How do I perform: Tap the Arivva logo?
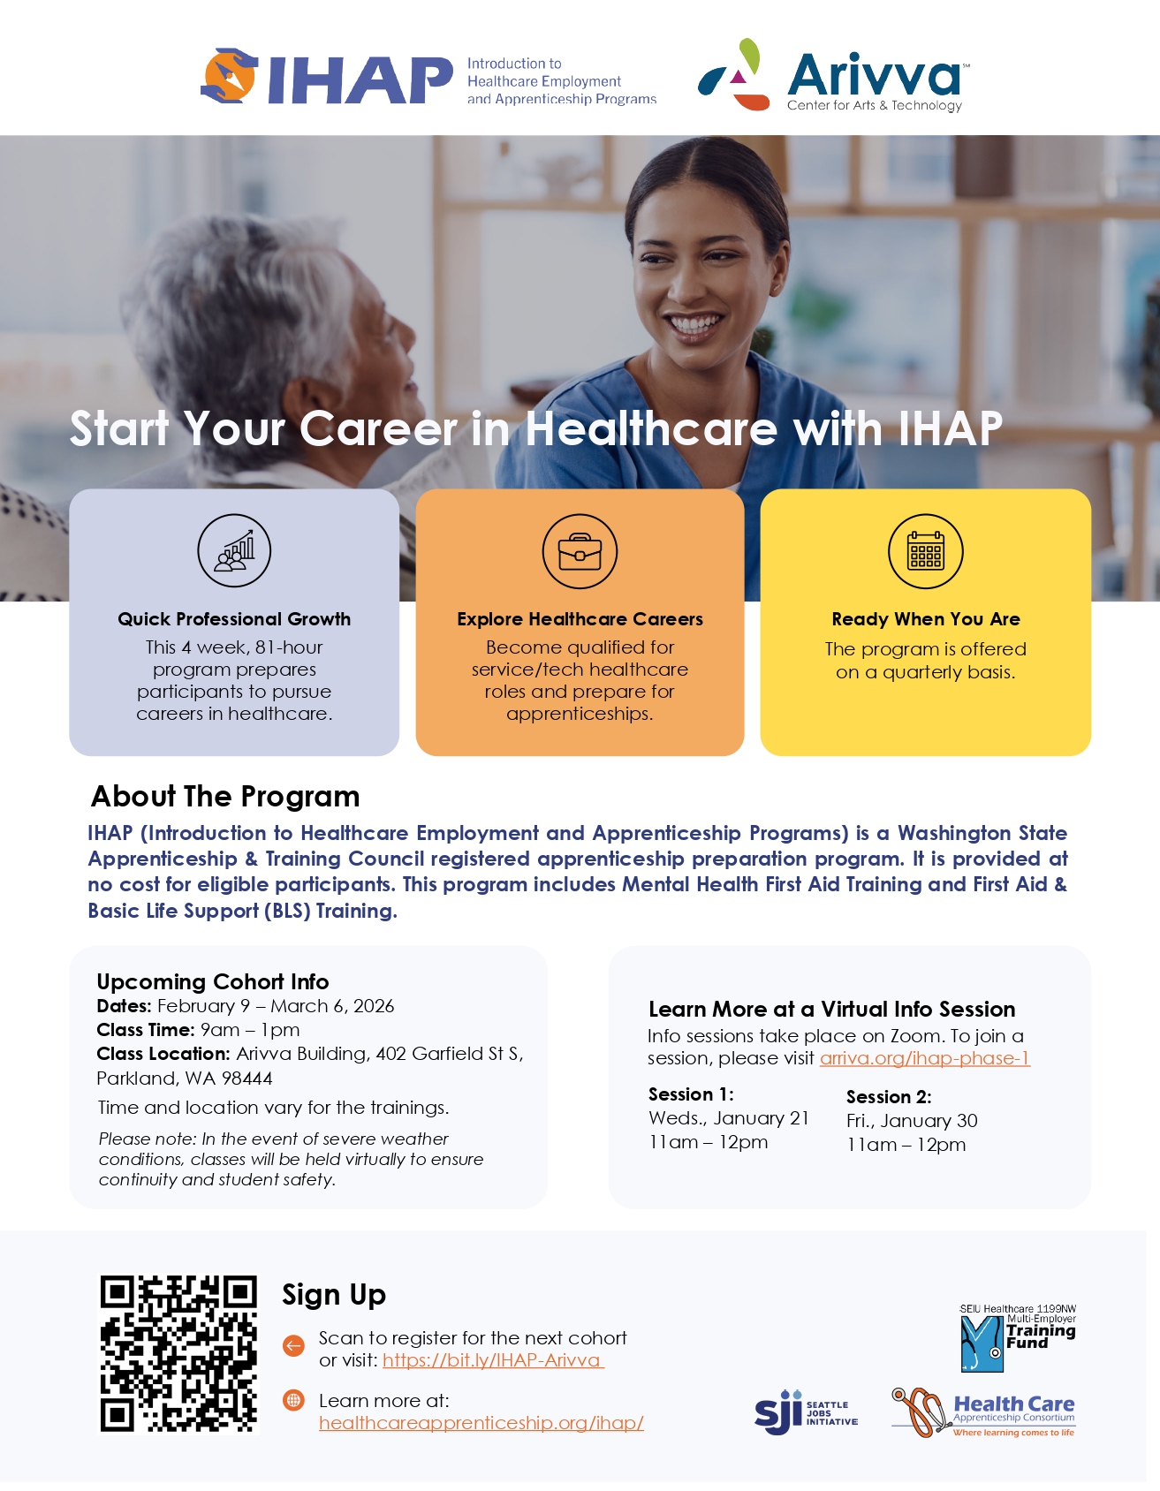[834, 75]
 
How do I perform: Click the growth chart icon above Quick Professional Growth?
[234, 551]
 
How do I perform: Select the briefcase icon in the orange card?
[580, 551]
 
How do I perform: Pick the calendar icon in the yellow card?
[925, 551]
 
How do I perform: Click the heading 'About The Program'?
[225, 796]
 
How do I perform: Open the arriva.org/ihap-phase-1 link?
[925, 1058]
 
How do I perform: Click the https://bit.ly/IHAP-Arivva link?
[493, 1360]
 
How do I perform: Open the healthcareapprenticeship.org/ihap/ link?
[481, 1423]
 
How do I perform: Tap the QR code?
[178, 1353]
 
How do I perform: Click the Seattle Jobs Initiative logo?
[806, 1412]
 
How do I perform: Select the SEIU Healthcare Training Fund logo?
[1018, 1337]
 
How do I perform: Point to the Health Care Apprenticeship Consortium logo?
[983, 1412]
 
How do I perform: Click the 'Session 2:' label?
[889, 1097]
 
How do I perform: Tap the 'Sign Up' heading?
[334, 1295]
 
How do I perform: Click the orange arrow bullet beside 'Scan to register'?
[293, 1345]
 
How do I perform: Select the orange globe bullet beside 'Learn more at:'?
[293, 1400]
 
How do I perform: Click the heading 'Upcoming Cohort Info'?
[213, 981]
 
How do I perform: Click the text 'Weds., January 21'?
[729, 1118]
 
